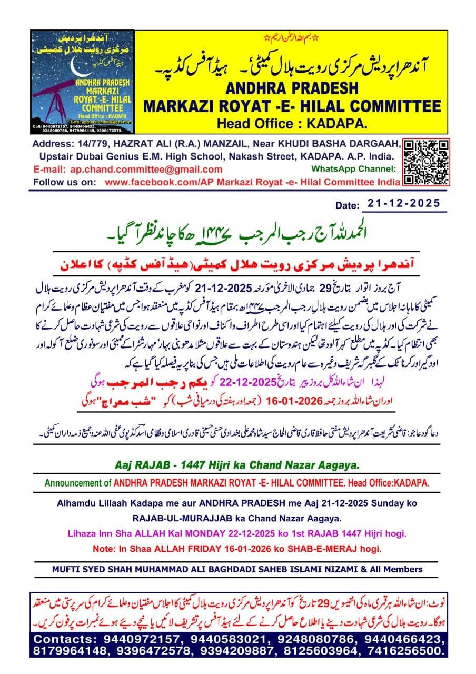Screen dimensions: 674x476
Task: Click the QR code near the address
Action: (427, 162)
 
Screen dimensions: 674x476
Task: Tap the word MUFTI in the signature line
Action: (65, 569)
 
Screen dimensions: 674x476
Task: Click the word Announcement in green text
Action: (78, 483)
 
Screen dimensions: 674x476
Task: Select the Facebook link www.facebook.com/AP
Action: (150, 182)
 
